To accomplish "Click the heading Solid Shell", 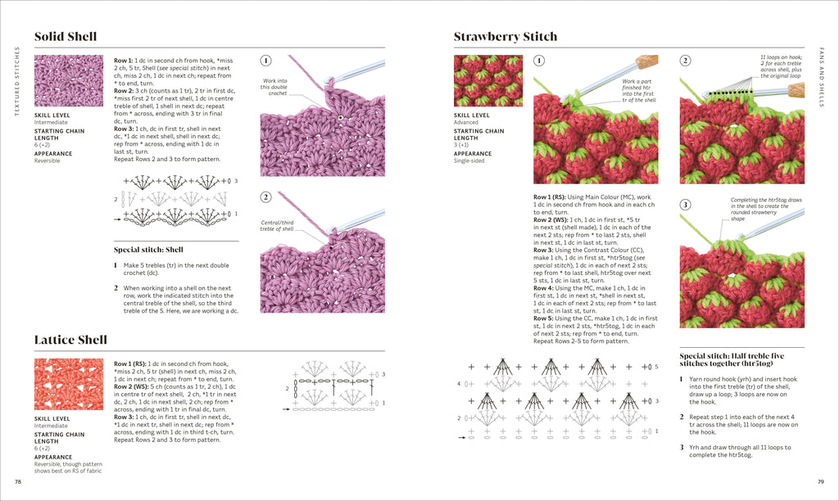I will pyautogui.click(x=66, y=36).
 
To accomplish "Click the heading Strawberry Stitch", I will pyautogui.click(x=506, y=36).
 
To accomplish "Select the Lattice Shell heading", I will pyautogui.click(x=70, y=340).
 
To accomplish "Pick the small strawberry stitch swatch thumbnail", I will pyautogui.click(x=488, y=80).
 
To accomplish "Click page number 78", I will pyautogui.click(x=18, y=481).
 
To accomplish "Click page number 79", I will pyautogui.click(x=820, y=481).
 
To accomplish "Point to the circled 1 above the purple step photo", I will pyautogui.click(x=266, y=61).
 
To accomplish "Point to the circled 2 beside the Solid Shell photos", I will pyautogui.click(x=266, y=197).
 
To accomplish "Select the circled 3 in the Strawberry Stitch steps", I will pyautogui.click(x=686, y=204).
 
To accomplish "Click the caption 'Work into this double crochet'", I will pyautogui.click(x=275, y=87).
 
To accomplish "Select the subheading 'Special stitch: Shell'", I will pyautogui.click(x=148, y=250).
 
